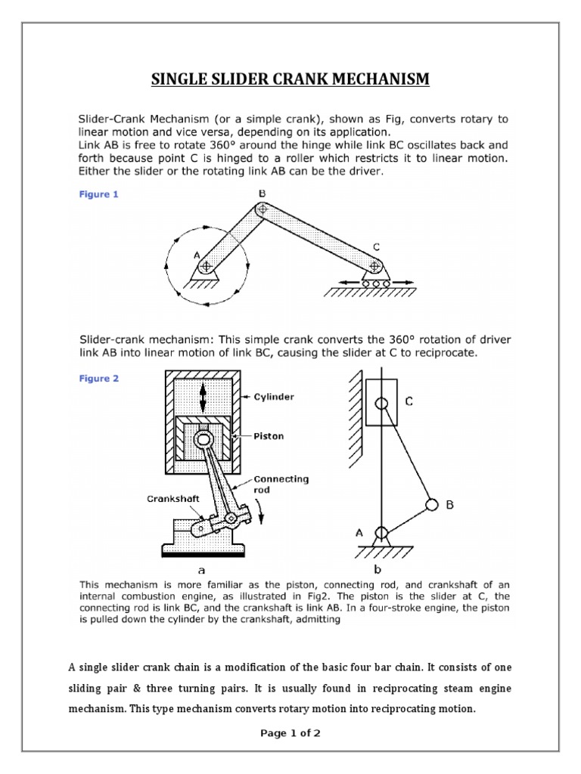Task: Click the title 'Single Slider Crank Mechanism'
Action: (290, 79)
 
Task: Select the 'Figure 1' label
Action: (99, 194)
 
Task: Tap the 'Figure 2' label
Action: (99, 379)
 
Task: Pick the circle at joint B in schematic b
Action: (432, 503)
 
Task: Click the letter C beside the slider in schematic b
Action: (409, 403)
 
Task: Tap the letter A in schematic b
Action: (359, 532)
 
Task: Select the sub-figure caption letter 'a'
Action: (201, 571)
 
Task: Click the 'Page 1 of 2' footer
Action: (290, 732)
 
